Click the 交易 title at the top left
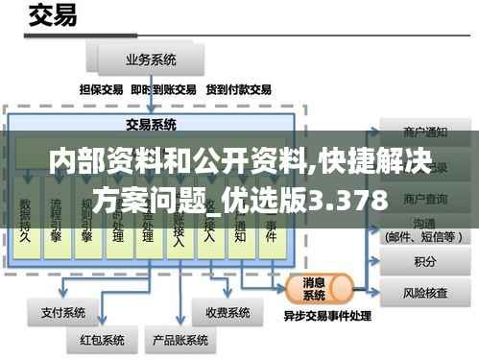[55, 16]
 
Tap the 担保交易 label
[101, 89]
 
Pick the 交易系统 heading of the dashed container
[151, 124]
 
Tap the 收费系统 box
[228, 312]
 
